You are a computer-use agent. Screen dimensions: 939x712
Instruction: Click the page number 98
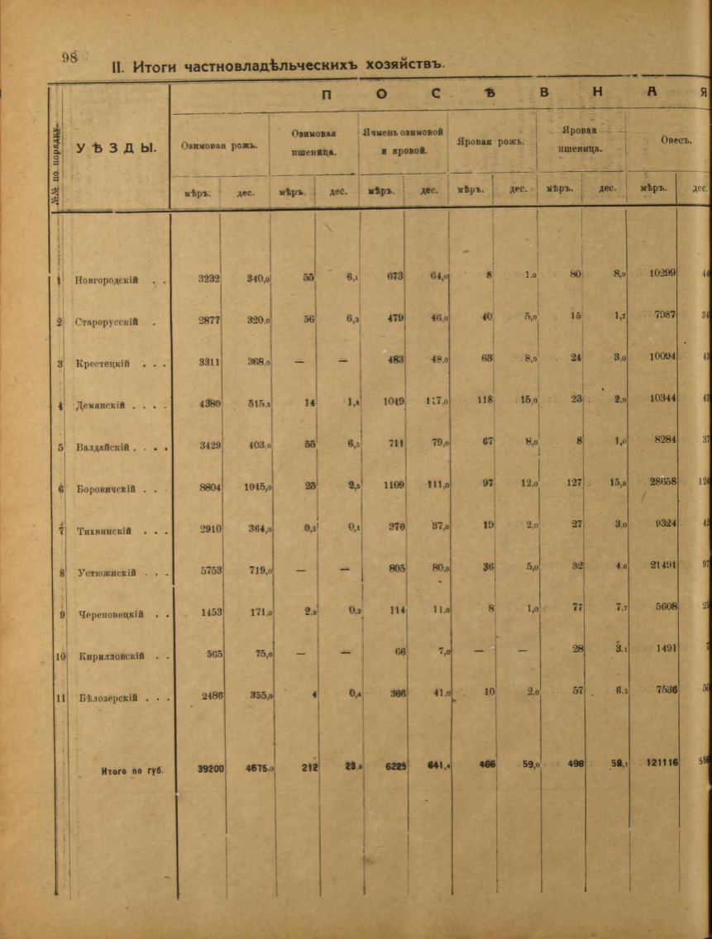point(69,57)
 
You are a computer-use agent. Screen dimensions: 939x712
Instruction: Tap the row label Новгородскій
point(106,280)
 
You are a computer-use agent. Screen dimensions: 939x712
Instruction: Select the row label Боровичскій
point(105,489)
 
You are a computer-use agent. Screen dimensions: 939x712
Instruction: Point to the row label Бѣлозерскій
point(106,698)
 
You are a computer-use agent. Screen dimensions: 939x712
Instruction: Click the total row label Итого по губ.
point(132,770)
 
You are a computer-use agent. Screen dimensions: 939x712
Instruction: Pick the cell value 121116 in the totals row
point(658,763)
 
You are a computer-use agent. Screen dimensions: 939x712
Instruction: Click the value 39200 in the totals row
point(210,768)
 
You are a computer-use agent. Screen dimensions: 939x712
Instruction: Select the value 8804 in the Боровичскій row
point(210,488)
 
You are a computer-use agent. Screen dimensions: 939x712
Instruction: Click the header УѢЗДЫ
point(116,148)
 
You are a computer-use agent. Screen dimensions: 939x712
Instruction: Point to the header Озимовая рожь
point(219,145)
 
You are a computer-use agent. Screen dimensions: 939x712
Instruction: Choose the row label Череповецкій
point(109,614)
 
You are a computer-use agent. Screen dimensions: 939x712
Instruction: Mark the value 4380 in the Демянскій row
point(210,405)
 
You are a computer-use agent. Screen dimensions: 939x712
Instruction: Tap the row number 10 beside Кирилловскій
point(60,657)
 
